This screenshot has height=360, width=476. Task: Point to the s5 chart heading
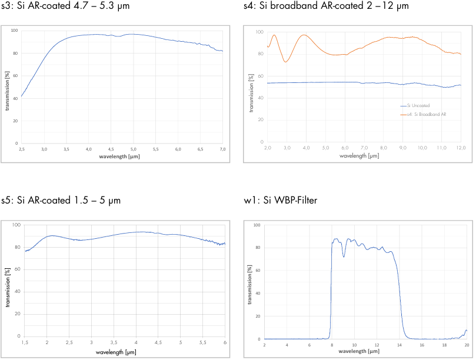(61, 201)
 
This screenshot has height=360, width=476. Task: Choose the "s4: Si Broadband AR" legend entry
(427, 114)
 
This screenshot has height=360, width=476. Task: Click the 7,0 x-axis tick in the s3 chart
(222, 149)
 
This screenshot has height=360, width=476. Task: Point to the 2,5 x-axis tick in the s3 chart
(21, 149)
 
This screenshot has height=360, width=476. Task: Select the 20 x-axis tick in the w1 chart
(466, 345)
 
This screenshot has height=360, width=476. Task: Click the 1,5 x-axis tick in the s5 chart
(25, 342)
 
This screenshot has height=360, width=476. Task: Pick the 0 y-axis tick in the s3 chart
(17, 143)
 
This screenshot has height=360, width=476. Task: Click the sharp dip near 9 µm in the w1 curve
(344, 256)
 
